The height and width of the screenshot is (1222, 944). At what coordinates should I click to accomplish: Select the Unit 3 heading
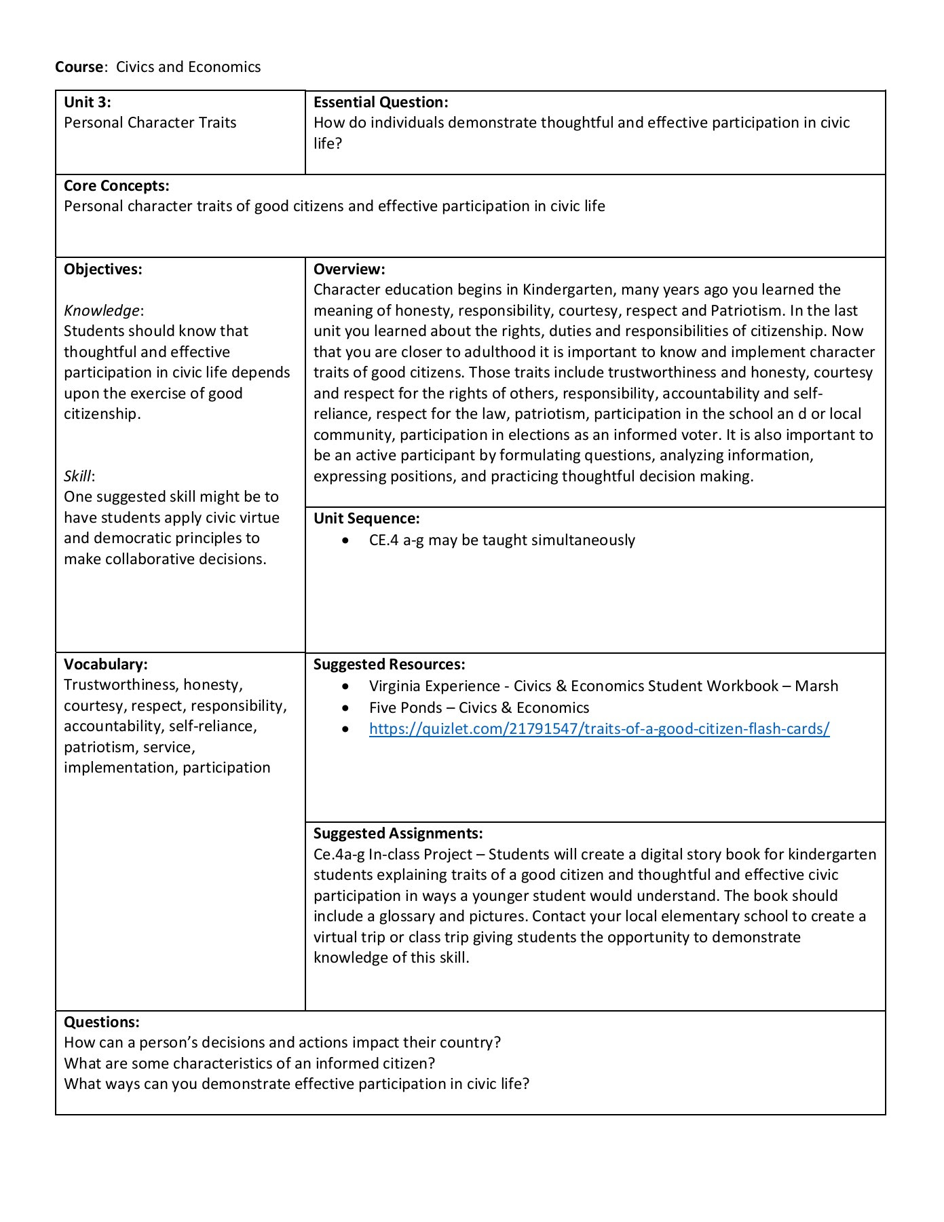click(x=88, y=103)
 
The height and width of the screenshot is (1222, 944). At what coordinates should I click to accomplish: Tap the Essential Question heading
click(x=381, y=103)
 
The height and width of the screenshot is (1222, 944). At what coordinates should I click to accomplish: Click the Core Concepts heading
click(x=117, y=186)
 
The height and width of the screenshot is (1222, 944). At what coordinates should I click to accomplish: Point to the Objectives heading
click(x=103, y=270)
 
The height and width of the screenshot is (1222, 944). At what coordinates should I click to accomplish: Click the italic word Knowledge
click(x=102, y=311)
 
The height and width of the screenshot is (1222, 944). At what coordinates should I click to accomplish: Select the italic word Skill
click(x=77, y=477)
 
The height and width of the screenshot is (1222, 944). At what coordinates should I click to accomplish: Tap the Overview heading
click(x=349, y=270)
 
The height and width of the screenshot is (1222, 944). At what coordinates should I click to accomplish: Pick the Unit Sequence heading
click(x=366, y=519)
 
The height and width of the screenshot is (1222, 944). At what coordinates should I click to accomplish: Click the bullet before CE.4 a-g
click(x=347, y=541)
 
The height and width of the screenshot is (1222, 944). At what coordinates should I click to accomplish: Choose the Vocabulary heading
click(x=105, y=665)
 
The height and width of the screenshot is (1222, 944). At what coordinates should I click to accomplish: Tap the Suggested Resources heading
click(x=389, y=665)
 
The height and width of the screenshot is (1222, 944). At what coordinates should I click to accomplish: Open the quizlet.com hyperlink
click(x=599, y=729)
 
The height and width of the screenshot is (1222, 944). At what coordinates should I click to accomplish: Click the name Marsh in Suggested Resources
click(x=816, y=686)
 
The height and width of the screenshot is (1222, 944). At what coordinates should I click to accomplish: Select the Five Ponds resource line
click(x=479, y=708)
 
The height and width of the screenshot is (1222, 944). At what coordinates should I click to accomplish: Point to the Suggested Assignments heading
click(x=398, y=834)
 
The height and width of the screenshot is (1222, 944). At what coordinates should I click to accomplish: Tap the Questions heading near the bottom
click(x=102, y=1022)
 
